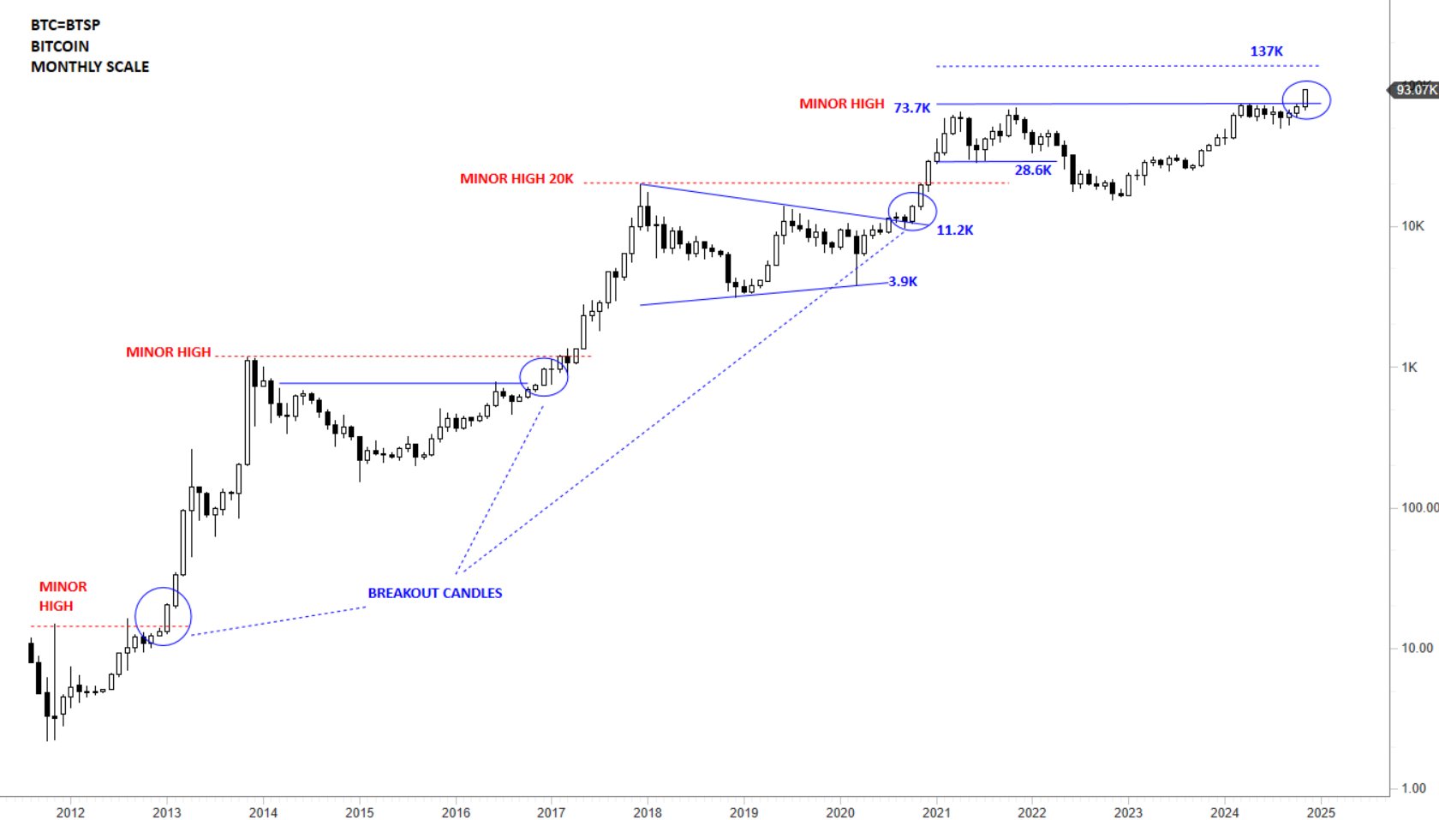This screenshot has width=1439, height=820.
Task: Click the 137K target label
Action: [1266, 51]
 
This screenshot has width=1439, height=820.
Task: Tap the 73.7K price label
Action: [911, 108]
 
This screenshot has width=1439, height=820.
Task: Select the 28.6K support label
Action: [1033, 171]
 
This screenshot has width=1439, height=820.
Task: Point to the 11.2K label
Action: [954, 230]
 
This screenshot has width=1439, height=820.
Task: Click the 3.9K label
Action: [903, 282]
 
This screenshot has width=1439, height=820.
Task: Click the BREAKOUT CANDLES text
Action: [435, 593]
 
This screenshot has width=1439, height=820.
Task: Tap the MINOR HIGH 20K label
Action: [516, 179]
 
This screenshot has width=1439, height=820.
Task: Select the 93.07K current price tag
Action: [1415, 90]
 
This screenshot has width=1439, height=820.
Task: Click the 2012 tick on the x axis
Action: [70, 812]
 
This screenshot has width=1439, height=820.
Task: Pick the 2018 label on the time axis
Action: [648, 812]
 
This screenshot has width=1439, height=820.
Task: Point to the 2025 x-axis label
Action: [1321, 812]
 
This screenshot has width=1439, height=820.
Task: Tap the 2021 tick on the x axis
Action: [936, 812]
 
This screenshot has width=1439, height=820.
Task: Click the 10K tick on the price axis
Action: [1412, 226]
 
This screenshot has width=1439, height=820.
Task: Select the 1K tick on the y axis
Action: [1409, 368]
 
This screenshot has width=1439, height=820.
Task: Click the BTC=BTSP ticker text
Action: [65, 26]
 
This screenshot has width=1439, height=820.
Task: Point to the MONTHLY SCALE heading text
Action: [90, 67]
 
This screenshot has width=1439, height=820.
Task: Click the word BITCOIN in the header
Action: [60, 46]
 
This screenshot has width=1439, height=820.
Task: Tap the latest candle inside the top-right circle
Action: [1305, 97]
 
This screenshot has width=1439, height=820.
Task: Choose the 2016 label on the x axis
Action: [456, 812]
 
